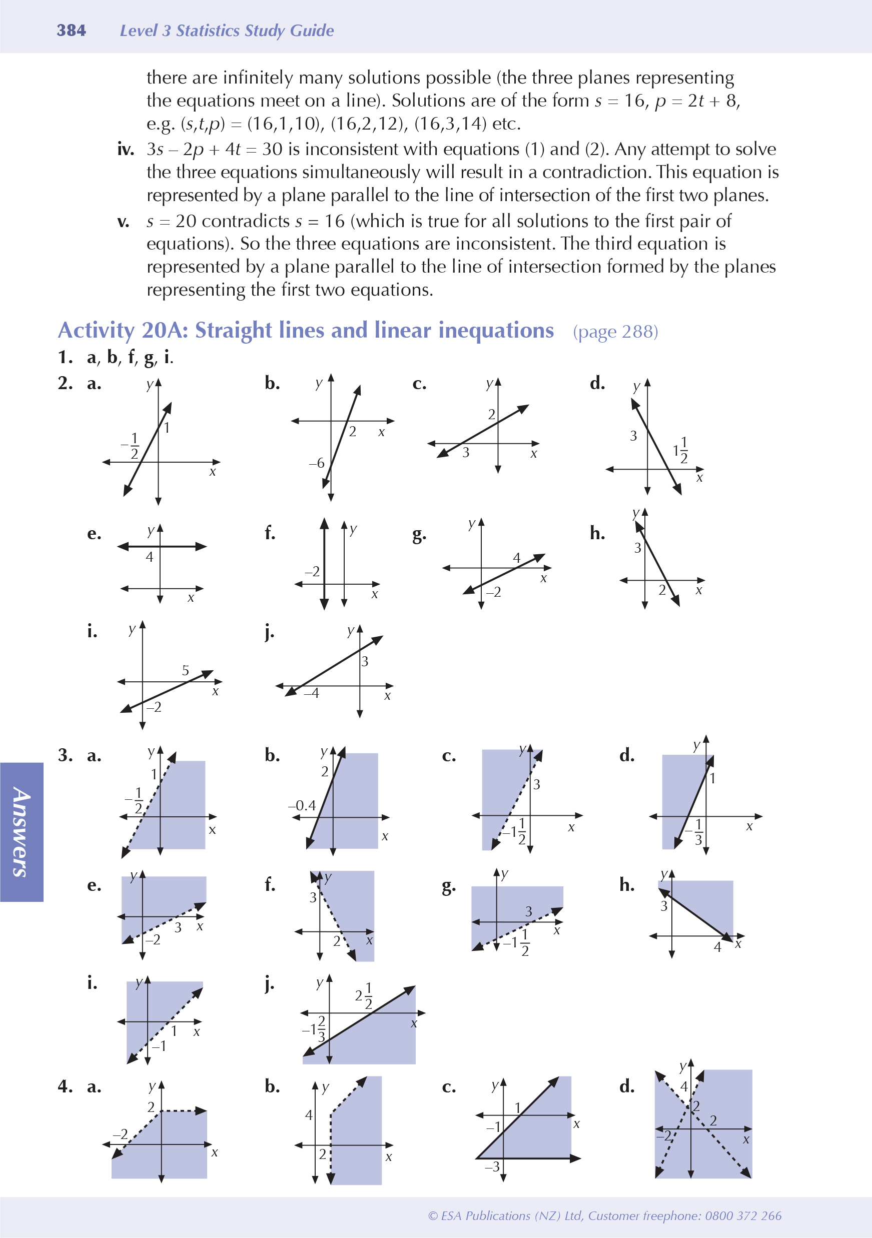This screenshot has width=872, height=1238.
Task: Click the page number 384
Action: pyautogui.click(x=71, y=30)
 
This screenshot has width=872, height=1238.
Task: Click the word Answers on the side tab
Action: pyautogui.click(x=21, y=832)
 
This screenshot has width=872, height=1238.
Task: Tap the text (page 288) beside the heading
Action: pyautogui.click(x=615, y=332)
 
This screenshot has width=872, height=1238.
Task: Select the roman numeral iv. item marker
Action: pyautogui.click(x=126, y=150)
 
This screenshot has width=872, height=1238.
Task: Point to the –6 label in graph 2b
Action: pyautogui.click(x=317, y=463)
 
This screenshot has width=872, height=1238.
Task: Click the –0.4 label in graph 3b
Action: pyautogui.click(x=302, y=805)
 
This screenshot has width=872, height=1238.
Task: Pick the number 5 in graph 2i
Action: pyautogui.click(x=185, y=670)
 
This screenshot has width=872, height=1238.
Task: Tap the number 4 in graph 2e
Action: pyautogui.click(x=150, y=557)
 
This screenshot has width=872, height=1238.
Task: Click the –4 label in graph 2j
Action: pyautogui.click(x=311, y=693)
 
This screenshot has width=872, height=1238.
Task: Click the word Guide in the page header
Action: pyautogui.click(x=312, y=31)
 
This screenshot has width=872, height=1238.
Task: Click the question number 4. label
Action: pyautogui.click(x=65, y=1086)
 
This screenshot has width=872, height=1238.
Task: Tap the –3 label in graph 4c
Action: pyautogui.click(x=492, y=1167)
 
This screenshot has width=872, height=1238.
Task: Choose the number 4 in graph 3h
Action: pyautogui.click(x=717, y=947)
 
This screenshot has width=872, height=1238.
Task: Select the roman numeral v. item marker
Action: pyautogui.click(x=124, y=221)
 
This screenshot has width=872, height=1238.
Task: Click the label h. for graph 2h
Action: pyautogui.click(x=597, y=533)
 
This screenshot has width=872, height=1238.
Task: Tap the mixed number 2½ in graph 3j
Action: pyautogui.click(x=364, y=995)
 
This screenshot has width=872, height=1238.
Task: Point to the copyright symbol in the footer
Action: pyautogui.click(x=432, y=1216)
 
